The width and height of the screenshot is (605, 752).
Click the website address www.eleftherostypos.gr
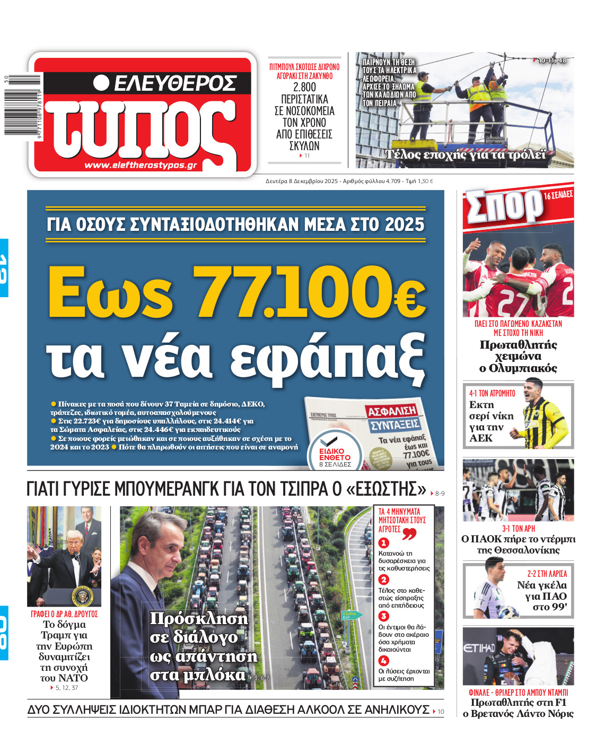141,165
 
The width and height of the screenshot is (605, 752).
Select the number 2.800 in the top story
304,88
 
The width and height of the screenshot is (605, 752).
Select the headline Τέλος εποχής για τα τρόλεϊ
465,154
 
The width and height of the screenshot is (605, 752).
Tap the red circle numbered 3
383,616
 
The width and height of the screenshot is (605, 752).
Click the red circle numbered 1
383,543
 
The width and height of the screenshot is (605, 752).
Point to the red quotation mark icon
409,533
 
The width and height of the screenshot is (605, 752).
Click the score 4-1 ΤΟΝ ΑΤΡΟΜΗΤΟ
492,393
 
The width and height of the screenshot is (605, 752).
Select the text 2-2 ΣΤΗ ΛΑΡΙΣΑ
547,574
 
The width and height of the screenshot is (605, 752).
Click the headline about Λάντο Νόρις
518,708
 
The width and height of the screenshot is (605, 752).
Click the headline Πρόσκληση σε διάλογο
199,646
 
